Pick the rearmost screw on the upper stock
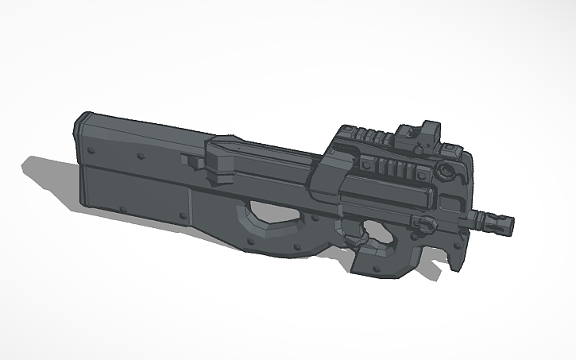click(x=93, y=149)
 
